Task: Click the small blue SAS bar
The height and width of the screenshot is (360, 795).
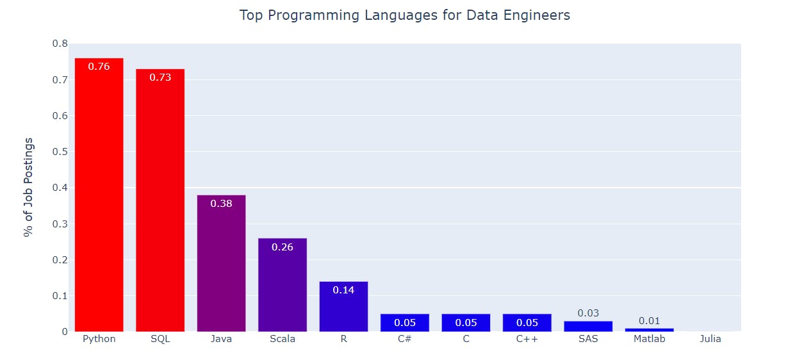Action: [588, 326]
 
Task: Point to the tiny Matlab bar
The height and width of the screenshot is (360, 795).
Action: [649, 330]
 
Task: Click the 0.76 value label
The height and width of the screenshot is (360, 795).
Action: [99, 66]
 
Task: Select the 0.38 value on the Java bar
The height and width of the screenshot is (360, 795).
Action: [221, 204]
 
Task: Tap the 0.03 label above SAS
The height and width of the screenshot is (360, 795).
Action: [588, 313]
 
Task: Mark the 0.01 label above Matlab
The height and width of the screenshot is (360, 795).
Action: [649, 321]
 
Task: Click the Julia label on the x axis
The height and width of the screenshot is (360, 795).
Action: [710, 339]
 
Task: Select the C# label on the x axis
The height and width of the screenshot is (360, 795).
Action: [404, 339]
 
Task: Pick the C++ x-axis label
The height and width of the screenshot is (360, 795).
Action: [527, 339]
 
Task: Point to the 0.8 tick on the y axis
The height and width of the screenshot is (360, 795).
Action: [60, 44]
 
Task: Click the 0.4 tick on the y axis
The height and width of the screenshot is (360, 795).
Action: [60, 188]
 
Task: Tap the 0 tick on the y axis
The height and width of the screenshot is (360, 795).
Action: [65, 331]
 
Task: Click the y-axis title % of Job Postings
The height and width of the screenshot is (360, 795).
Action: [28, 187]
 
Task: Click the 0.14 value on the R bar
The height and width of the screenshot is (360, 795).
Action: [343, 290]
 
